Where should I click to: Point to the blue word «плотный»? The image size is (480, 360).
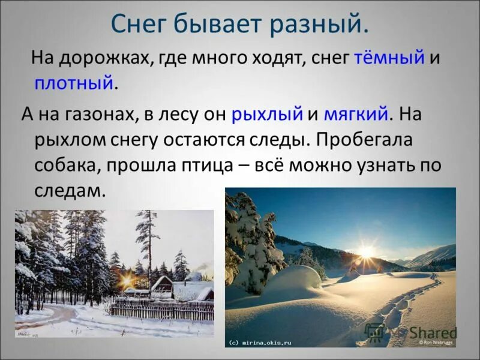[x=74, y=82]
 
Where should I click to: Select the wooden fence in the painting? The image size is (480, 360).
[x=162, y=310]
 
